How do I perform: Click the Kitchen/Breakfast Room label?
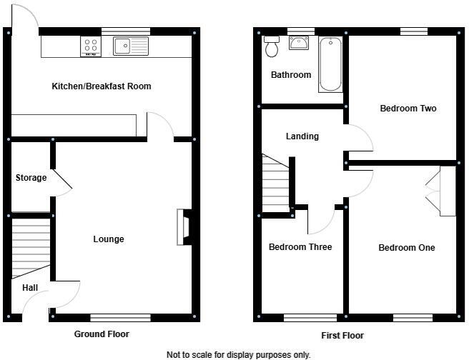[x=101, y=86]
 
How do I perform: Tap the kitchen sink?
[x=130, y=46]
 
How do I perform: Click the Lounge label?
[x=109, y=239]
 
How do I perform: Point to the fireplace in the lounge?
[x=184, y=227]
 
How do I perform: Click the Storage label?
[x=31, y=178]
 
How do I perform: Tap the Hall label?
[x=30, y=288]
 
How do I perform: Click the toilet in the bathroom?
[x=272, y=47]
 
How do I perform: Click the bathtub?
[x=330, y=64]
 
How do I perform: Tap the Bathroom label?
[x=290, y=75]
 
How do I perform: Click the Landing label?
[x=302, y=136]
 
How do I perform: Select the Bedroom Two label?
[x=408, y=109]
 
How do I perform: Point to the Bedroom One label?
[x=406, y=248]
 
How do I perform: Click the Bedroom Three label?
[x=300, y=247]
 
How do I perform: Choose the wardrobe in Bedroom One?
[x=448, y=191]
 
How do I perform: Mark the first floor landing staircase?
[x=276, y=184]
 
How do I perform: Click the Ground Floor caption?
[x=102, y=334]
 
